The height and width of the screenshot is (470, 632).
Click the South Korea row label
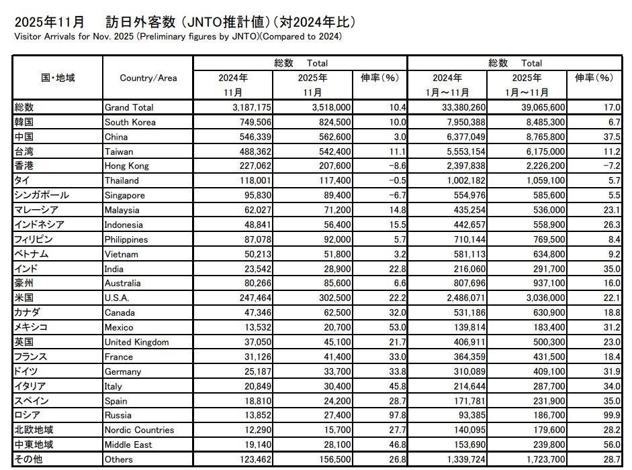pyautogui.click(x=130, y=122)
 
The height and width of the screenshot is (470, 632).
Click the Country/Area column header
pyautogui.click(x=148, y=78)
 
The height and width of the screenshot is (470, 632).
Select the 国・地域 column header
pyautogui.click(x=58, y=78)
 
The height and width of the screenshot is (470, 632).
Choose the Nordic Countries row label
pyautogui.click(x=139, y=430)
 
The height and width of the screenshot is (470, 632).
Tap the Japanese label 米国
pyautogui.click(x=24, y=298)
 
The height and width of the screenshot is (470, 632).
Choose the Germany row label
pyautogui.click(x=122, y=371)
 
